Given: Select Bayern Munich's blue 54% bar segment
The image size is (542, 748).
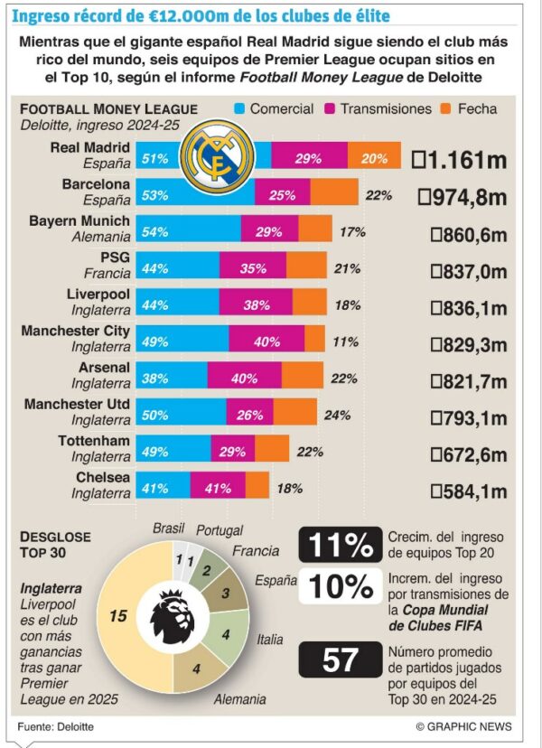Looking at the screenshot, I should [188, 232].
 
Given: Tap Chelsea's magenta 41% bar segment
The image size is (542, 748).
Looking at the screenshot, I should [218, 488].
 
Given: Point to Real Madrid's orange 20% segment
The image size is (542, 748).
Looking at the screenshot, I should [374, 158].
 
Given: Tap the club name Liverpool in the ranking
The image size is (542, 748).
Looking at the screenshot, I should [98, 295].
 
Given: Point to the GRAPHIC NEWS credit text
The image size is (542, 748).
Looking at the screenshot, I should [463, 726].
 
